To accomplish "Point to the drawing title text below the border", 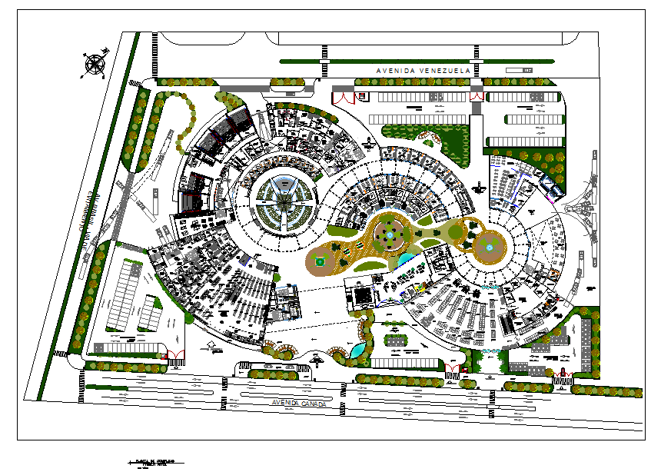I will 154,463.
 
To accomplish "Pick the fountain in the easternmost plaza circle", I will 487,247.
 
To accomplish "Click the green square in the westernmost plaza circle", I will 321,261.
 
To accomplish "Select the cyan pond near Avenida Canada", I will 357,349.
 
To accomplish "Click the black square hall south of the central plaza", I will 359,294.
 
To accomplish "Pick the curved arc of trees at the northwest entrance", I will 184,115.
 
